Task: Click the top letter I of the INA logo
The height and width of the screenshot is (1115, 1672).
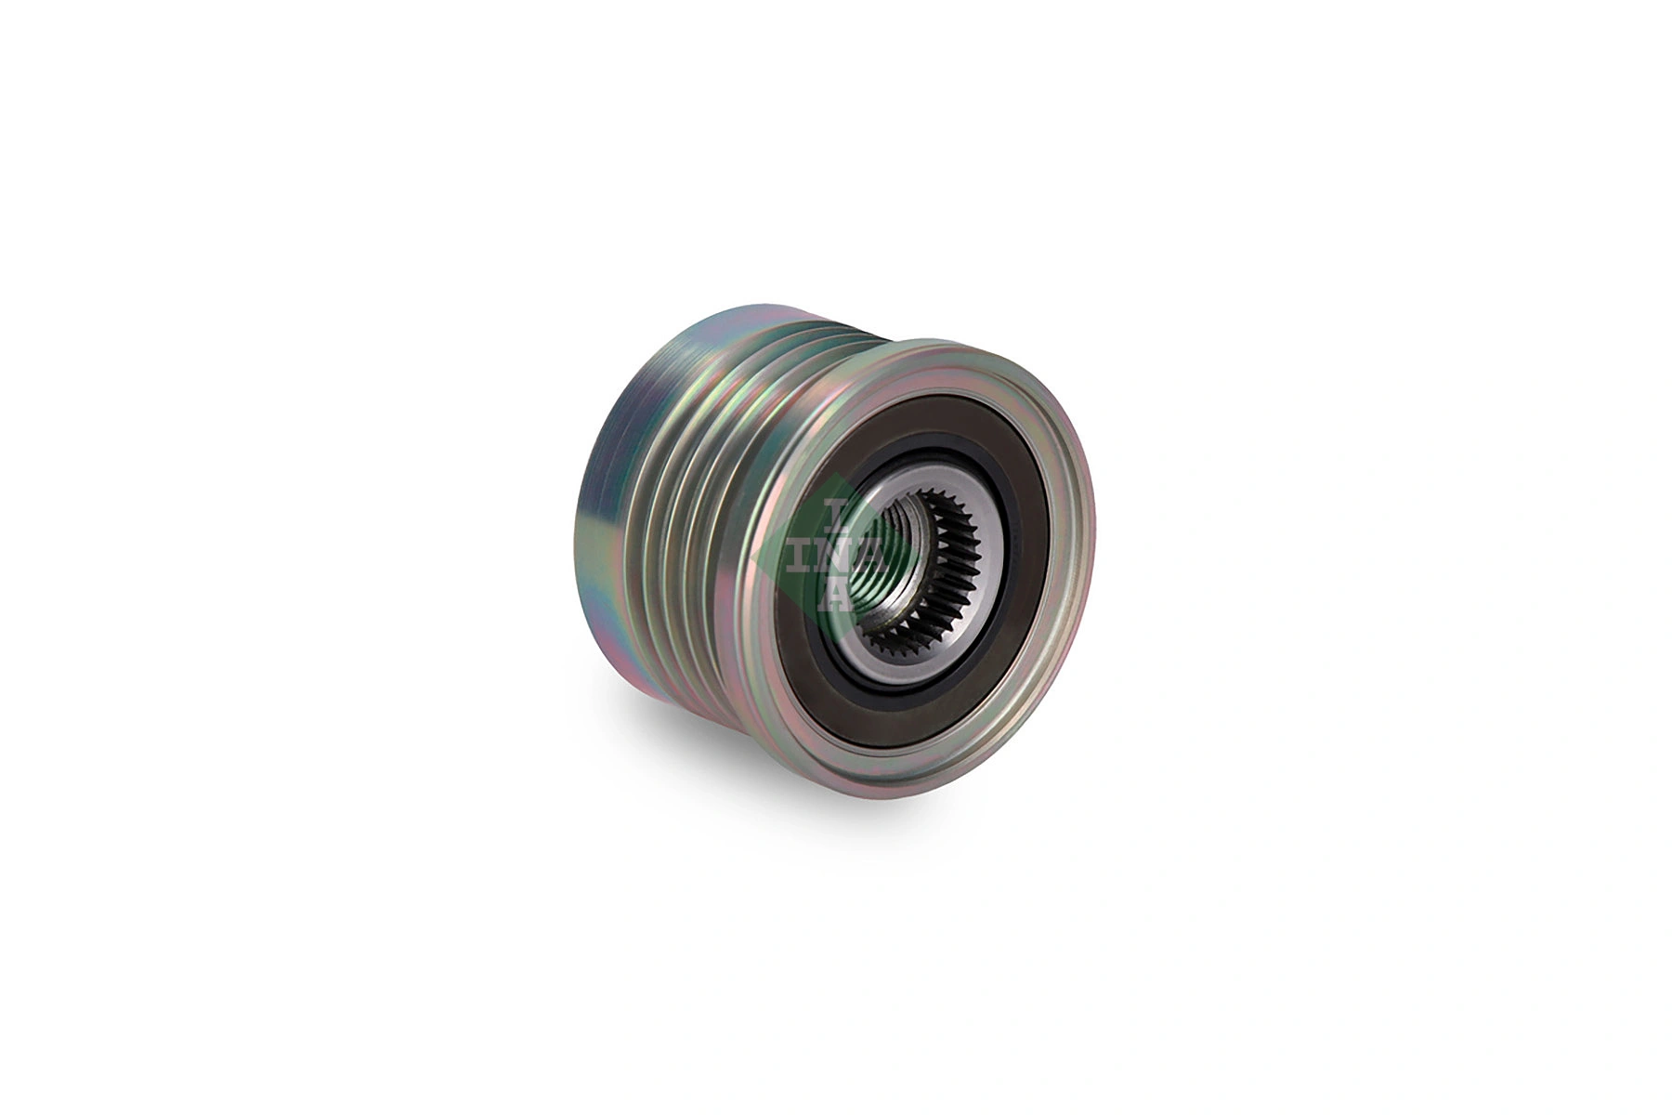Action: click(x=834, y=509)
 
